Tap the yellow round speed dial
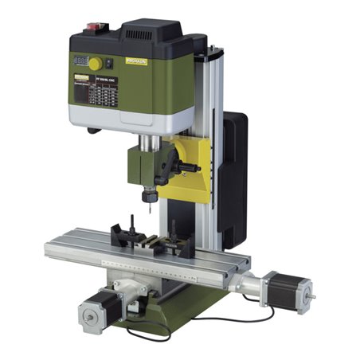pyautogui.click(x=96, y=63)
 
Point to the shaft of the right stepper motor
pyautogui.click(x=310, y=299)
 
